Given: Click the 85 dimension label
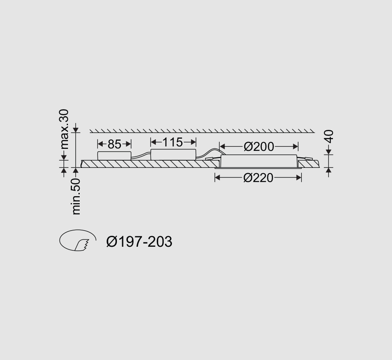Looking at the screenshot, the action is coord(114,144).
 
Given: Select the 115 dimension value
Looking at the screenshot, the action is coord(172,142).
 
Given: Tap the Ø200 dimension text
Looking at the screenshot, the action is coord(259,146).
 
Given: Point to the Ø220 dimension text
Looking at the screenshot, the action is coord(258,178).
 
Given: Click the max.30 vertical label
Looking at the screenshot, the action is coord(64,129).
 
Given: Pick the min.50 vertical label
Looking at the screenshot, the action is coord(76,197).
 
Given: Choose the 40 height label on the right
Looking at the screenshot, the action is coord(330,136).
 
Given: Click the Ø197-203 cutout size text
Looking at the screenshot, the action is coord(139,242).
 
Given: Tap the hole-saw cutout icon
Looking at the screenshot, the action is coord(78,240).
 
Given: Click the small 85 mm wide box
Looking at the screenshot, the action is coord(114,156).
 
